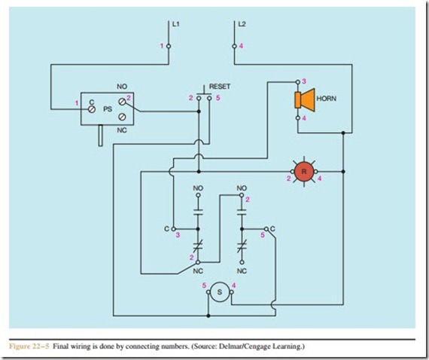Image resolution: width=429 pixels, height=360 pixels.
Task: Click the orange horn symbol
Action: tap(305, 100)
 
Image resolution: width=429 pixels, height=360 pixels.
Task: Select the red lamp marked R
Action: tap(304, 172)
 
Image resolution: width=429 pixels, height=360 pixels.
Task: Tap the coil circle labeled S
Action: tap(220, 292)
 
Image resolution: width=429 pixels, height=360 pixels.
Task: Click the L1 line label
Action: tap(175, 24)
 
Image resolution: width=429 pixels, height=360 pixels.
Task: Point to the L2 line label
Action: tap(242, 24)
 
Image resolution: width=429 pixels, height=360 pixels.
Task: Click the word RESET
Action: tap(220, 87)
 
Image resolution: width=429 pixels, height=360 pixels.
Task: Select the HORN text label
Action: tap(327, 99)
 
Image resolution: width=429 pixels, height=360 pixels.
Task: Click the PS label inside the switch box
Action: tap(108, 109)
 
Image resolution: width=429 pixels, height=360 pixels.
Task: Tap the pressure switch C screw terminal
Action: tap(92, 109)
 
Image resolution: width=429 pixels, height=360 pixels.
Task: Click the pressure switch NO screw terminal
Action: tap(122, 102)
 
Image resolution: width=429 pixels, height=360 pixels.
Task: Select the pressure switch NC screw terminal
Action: tap(122, 117)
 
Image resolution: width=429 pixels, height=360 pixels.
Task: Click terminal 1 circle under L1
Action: tap(169, 46)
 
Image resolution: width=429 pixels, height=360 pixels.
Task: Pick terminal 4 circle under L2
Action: tap(235, 46)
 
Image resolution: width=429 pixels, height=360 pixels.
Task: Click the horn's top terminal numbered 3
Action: tap(298, 81)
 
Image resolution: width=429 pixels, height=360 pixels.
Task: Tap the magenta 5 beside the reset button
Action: tap(218, 98)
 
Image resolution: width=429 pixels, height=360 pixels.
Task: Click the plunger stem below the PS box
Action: tap(101, 136)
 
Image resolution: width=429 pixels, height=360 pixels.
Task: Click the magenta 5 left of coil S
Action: tap(204, 285)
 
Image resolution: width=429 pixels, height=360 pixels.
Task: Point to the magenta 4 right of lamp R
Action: tap(319, 178)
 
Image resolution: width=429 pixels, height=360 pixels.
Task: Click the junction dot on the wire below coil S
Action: tap(208, 316)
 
